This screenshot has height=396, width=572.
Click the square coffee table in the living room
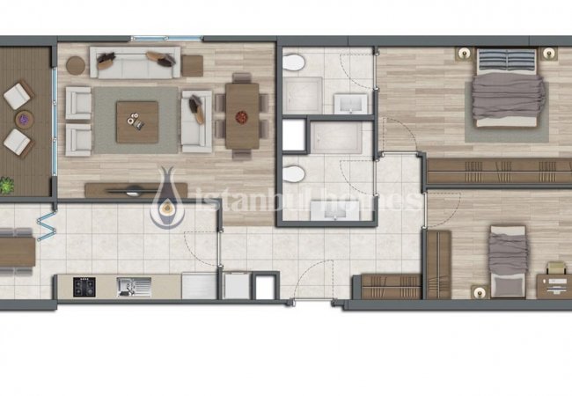click(x=137, y=121)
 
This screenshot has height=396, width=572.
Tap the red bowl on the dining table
click(x=241, y=117)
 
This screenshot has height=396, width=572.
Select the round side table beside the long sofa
click(x=76, y=66)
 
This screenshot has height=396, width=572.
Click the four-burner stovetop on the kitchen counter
click(x=84, y=287)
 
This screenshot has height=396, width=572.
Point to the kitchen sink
click(x=134, y=287)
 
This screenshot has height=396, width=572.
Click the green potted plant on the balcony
click(x=6, y=185)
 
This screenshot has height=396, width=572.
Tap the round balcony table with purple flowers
click(x=24, y=119)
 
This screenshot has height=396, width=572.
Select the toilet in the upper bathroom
click(x=293, y=62)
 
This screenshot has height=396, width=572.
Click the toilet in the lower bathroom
click(x=293, y=174)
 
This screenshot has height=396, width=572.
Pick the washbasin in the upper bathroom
click(x=350, y=104)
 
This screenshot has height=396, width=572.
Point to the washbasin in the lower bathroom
click(x=334, y=211)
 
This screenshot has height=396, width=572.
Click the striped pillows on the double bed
click(x=506, y=61)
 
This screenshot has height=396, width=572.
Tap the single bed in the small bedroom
click(x=508, y=261)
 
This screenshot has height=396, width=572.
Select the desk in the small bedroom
click(x=554, y=286)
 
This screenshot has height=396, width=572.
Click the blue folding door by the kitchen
click(x=47, y=226)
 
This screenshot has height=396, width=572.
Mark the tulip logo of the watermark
click(x=167, y=198)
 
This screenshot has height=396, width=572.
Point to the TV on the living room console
click(x=133, y=190)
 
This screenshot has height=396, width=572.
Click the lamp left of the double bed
click(x=464, y=54)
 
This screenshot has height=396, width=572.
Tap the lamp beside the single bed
click(x=480, y=292)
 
